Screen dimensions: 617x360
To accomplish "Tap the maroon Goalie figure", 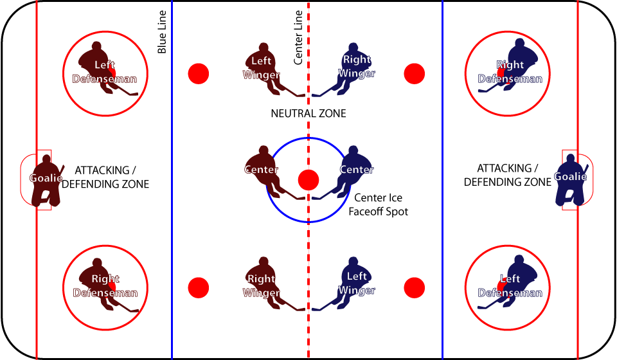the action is point(46,180).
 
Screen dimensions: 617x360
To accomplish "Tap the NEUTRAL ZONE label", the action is point(308,114).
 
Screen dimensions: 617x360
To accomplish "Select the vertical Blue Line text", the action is point(162,32).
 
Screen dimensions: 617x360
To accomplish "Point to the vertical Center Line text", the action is point(298,37).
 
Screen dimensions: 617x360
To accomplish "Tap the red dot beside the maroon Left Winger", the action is point(199,73).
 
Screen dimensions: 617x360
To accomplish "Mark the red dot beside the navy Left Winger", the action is point(415,287).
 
